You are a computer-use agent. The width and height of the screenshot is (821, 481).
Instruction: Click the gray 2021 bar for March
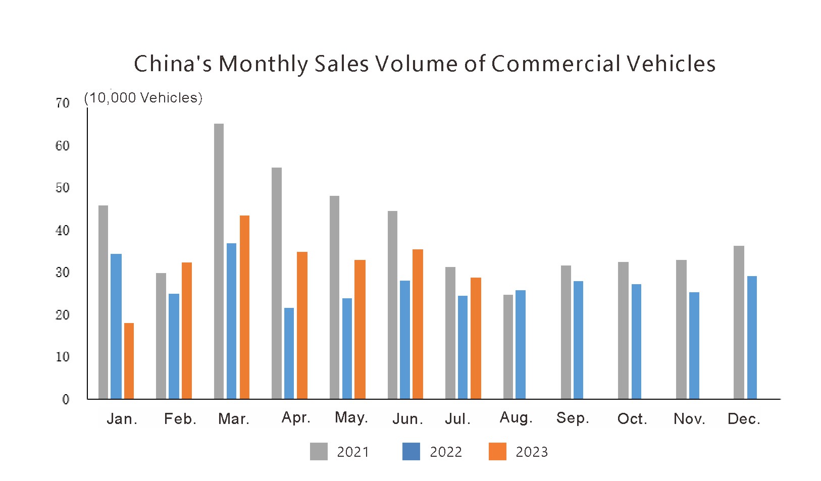219,261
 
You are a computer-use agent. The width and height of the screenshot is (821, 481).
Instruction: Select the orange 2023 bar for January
129,361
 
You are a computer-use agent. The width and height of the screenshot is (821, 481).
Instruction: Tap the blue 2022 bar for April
289,353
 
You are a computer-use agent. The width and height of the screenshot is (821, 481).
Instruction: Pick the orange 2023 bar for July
476,338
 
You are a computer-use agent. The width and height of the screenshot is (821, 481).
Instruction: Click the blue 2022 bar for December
752,337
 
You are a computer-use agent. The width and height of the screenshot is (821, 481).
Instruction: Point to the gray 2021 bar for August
508,347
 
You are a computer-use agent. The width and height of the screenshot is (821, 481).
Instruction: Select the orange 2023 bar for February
187,331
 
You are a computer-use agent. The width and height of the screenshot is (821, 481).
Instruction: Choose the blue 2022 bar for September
578,340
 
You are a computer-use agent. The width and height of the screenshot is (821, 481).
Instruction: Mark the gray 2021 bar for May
334,297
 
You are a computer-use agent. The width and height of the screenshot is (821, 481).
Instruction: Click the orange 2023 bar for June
418,324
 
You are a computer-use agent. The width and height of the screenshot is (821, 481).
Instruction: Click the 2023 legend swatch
497,451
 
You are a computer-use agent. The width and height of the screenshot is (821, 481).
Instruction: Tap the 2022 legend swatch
411,451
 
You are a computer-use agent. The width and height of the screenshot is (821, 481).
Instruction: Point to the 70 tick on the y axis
63,103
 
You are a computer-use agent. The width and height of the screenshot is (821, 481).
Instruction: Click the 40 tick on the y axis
63,231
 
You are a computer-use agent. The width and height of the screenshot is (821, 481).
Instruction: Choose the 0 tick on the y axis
66,400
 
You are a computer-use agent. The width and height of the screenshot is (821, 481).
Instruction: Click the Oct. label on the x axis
632,419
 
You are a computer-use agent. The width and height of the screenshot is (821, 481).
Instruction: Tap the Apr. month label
296,417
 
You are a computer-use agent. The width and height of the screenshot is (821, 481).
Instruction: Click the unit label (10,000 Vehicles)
143,98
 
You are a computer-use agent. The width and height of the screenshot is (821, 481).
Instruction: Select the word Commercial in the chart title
555,64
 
